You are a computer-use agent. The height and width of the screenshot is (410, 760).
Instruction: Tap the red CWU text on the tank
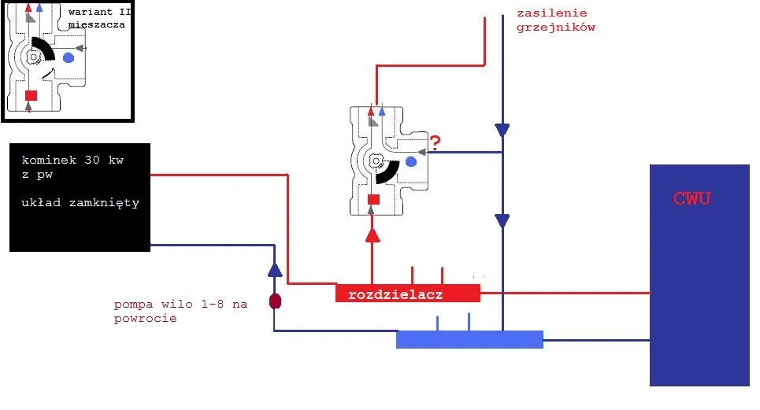(692, 198)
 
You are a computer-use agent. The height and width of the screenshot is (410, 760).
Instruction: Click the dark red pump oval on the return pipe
(275, 301)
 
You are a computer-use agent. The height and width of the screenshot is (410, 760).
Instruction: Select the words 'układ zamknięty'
(82, 202)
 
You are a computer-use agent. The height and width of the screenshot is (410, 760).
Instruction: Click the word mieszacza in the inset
(97, 25)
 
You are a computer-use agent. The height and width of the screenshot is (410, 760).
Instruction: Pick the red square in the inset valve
(31, 96)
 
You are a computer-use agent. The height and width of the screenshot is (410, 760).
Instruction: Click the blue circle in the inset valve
(69, 57)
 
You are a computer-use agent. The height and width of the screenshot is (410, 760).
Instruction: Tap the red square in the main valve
(373, 199)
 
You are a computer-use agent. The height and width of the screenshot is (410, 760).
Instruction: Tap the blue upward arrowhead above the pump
(275, 269)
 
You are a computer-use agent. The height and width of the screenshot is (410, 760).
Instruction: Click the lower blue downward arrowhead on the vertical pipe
(502, 221)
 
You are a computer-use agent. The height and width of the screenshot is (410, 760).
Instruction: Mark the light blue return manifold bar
(469, 339)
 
